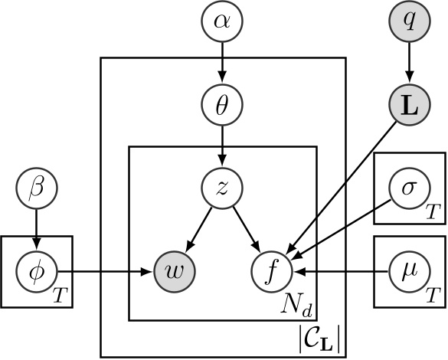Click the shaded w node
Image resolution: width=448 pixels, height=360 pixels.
pos(175,270)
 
